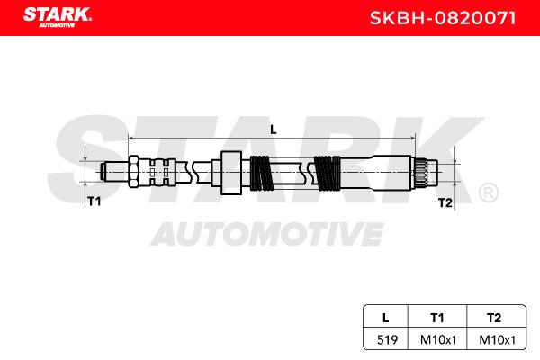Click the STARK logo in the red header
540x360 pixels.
[58, 17]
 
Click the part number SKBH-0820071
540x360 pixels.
[443, 18]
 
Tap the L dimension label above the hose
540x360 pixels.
[274, 130]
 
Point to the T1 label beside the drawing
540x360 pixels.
[94, 202]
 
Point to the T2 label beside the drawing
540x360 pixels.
[445, 202]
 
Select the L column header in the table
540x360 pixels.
[386, 318]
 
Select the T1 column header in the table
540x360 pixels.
[437, 318]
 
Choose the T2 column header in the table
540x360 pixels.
[494, 318]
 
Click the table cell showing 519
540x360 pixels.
[387, 340]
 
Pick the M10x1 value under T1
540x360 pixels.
[438, 340]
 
